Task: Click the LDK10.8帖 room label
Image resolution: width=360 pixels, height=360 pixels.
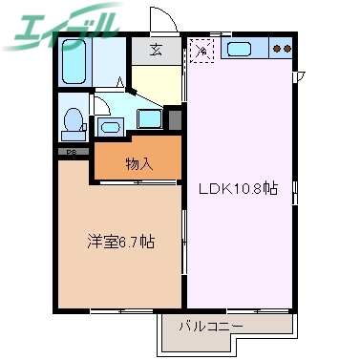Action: (x=237, y=189)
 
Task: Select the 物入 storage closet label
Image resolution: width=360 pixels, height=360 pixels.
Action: (x=138, y=163)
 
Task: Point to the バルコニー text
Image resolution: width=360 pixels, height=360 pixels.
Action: (x=211, y=327)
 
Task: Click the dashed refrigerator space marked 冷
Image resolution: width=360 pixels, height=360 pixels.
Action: (x=201, y=49)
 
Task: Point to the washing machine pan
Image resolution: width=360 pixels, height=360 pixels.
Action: (x=150, y=120)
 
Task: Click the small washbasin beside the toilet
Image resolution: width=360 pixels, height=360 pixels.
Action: (x=110, y=126)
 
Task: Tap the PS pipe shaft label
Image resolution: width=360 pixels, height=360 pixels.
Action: (x=70, y=153)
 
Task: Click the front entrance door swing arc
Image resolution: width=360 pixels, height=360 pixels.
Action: (x=161, y=21)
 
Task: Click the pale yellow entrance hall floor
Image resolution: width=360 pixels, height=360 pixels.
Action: (x=158, y=80)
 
